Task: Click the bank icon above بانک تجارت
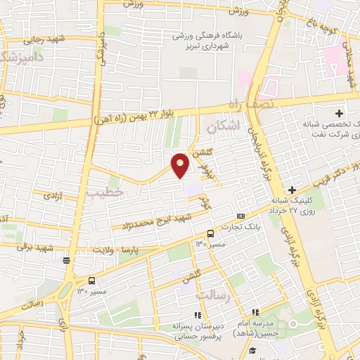point(241,215)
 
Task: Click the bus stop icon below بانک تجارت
point(210,233)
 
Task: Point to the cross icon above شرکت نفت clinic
point(339,112)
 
